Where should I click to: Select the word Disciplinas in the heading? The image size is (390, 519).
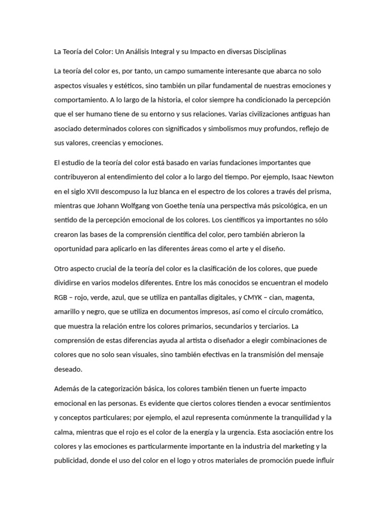click(268, 52)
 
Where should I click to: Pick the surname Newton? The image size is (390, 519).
click(319, 177)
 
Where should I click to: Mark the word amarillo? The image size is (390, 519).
click(68, 311)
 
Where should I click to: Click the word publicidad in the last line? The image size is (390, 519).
click(71, 461)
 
